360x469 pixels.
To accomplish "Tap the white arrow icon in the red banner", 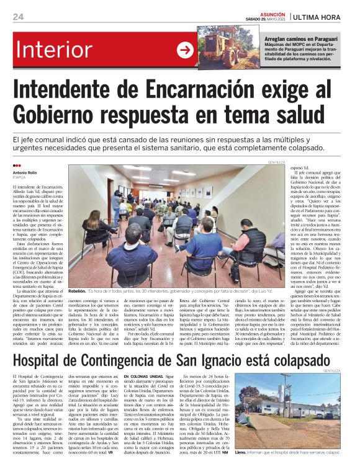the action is coord(186,50).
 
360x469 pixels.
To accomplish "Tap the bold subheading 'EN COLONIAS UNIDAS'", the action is coord(144,376).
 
